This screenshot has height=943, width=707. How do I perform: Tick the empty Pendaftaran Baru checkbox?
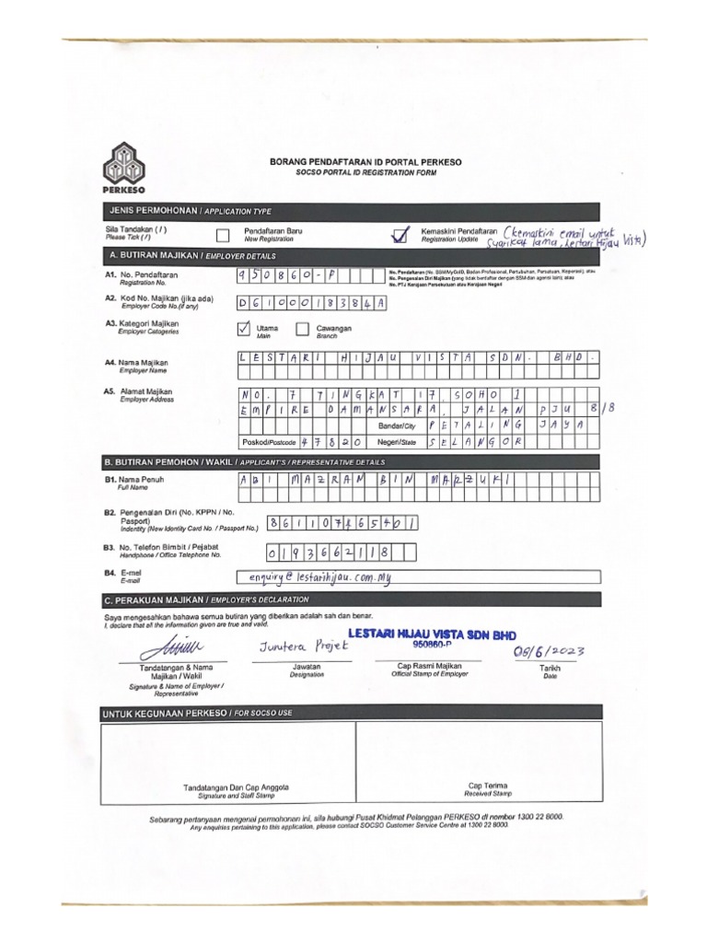pyautogui.click(x=222, y=235)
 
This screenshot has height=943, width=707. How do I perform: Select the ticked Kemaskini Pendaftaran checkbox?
pyautogui.click(x=399, y=235)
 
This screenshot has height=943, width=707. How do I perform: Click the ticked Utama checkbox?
pyautogui.click(x=244, y=329)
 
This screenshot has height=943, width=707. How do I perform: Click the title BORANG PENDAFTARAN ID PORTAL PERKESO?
pyautogui.click(x=365, y=162)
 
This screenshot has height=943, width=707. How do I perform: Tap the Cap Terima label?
pyautogui.click(x=487, y=786)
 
